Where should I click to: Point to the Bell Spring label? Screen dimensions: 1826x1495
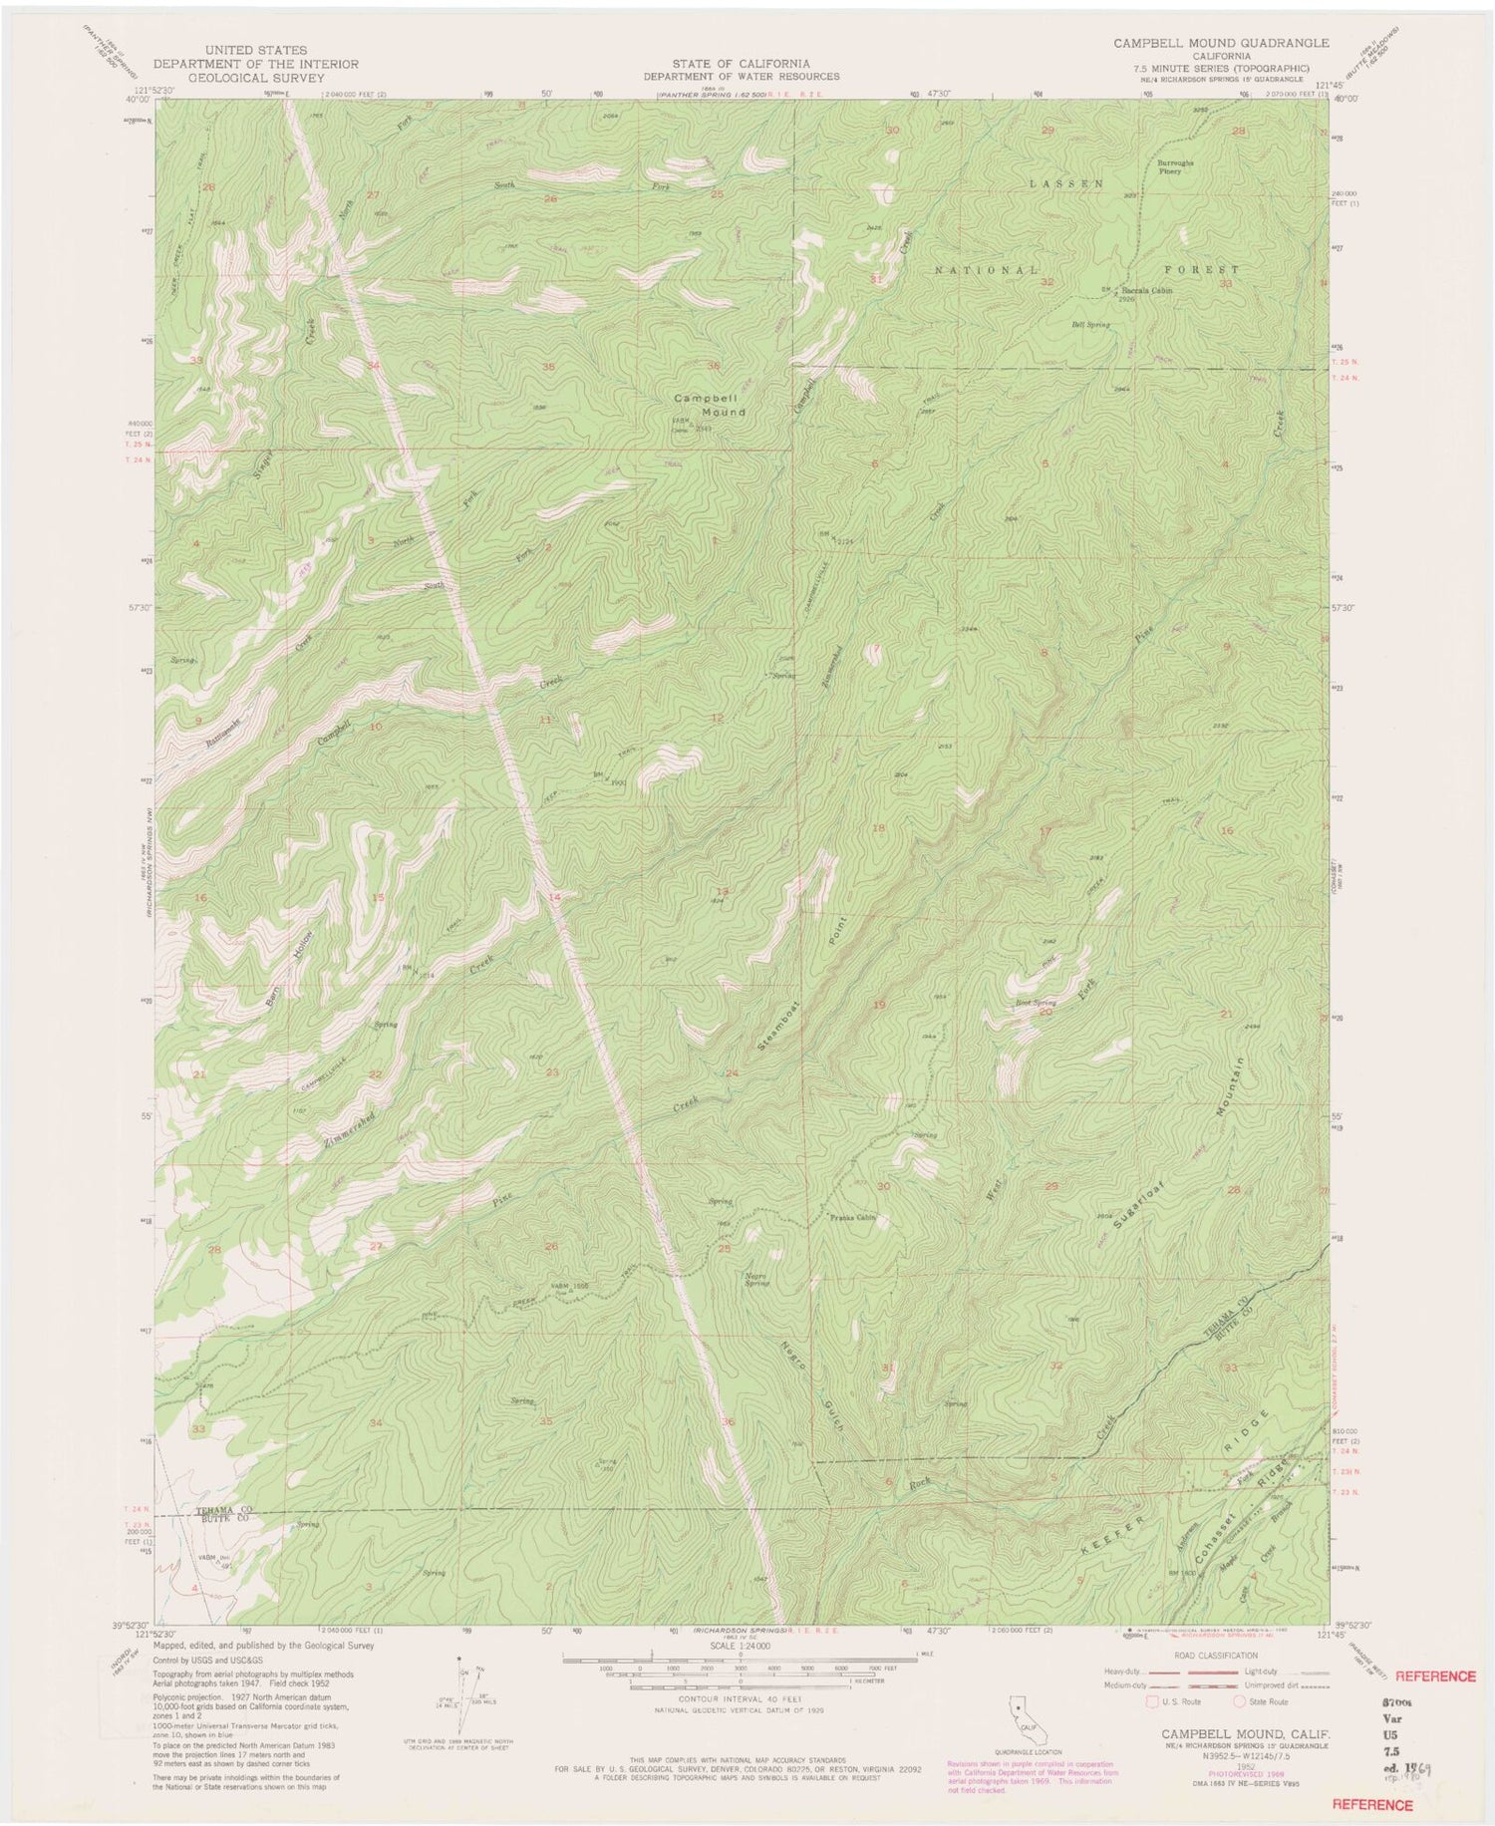(1089, 325)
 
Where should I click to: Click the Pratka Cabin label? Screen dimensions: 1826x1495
(851, 1217)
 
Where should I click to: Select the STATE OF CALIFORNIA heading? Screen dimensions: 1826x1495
(740, 63)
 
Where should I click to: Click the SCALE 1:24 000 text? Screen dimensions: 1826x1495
(740, 1648)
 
